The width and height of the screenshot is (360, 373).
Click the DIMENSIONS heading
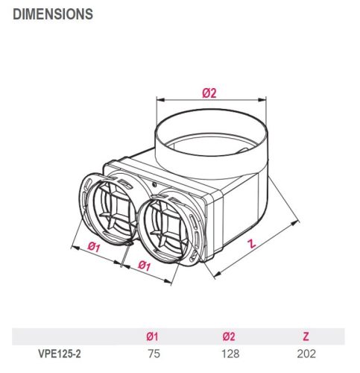[53, 13]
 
